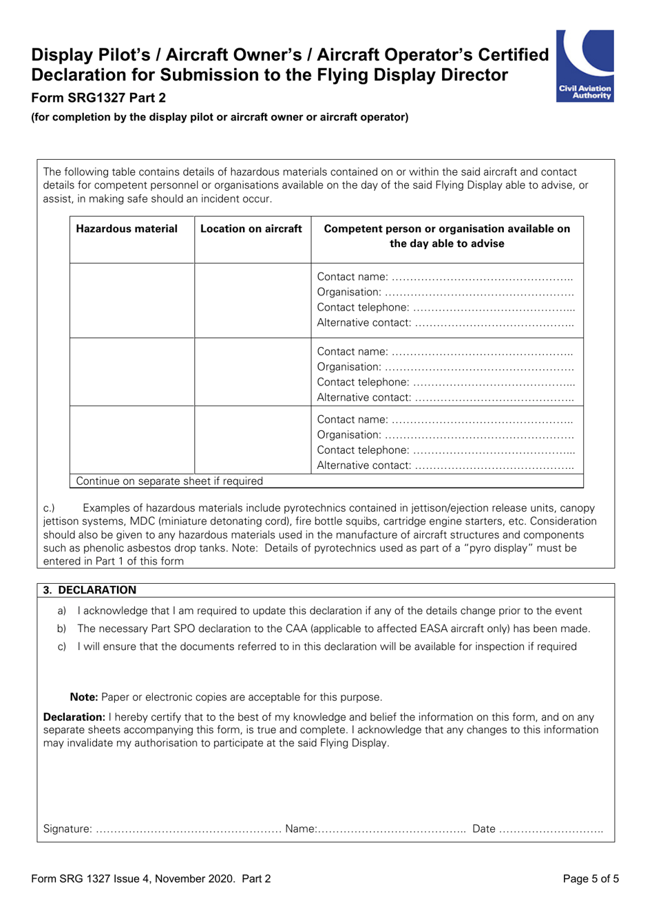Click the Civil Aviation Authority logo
click(x=584, y=66)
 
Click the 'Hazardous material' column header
click(x=127, y=229)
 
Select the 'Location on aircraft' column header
click(x=251, y=229)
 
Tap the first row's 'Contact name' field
click(x=482, y=277)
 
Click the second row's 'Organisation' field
click(x=478, y=367)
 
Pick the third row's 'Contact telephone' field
click(x=493, y=450)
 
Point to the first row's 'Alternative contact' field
click(x=494, y=323)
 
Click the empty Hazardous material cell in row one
click(x=132, y=300)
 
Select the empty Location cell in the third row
click(x=253, y=439)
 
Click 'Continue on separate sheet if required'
click(x=169, y=481)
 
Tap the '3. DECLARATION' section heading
click(x=90, y=590)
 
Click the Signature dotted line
click(x=188, y=829)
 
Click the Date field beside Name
click(x=551, y=829)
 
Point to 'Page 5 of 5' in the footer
click(x=591, y=879)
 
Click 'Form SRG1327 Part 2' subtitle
click(x=98, y=98)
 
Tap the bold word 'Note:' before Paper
click(x=84, y=697)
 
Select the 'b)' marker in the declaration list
click(x=61, y=629)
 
